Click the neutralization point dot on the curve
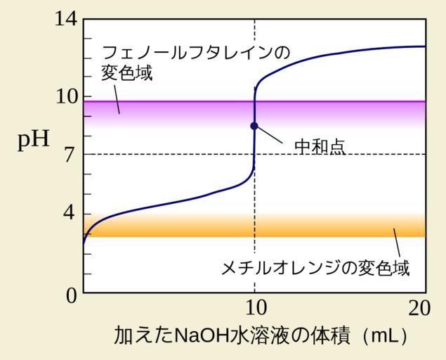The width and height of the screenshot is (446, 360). click(254, 126)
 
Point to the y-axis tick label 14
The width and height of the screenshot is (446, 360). click(66, 19)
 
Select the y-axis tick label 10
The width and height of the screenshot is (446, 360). click(66, 96)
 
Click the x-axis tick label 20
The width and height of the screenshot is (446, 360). click(420, 309)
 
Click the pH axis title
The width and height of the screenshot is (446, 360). click(34, 140)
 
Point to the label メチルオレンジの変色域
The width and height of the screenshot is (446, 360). click(315, 268)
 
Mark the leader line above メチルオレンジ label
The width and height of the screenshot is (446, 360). click(397, 243)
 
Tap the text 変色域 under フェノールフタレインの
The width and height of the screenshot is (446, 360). click(127, 72)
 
